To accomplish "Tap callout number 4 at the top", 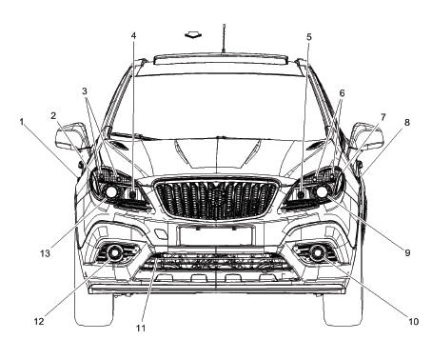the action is tap(134, 36).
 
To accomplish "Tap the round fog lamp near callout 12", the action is tap(115, 253).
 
